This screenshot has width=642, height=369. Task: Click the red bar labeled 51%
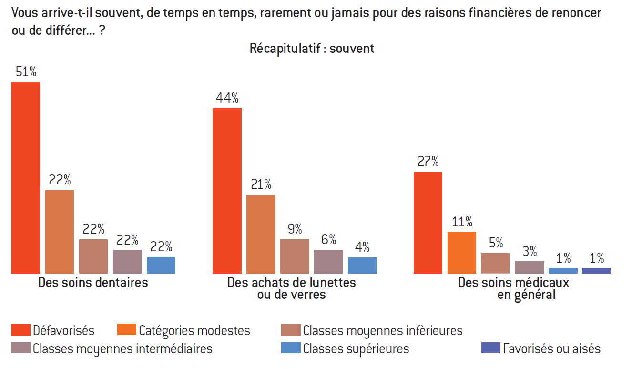tap(26, 177)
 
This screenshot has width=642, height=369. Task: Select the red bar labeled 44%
tap(227, 191)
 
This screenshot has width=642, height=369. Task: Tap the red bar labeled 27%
tap(428, 222)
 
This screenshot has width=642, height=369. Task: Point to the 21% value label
tap(261, 184)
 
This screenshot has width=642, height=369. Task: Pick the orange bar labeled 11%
tap(461, 252)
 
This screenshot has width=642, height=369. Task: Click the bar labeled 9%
tap(295, 256)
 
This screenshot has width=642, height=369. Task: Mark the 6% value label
tap(328, 239)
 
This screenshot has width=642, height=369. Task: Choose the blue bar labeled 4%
tap(362, 265)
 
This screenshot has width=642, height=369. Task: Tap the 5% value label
tap(496, 243)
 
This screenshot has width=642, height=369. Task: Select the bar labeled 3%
tap(529, 267)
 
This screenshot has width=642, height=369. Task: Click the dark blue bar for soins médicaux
tap(596, 270)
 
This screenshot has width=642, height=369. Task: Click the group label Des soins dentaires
tap(93, 282)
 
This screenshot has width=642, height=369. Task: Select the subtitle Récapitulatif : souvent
tap(312, 48)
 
